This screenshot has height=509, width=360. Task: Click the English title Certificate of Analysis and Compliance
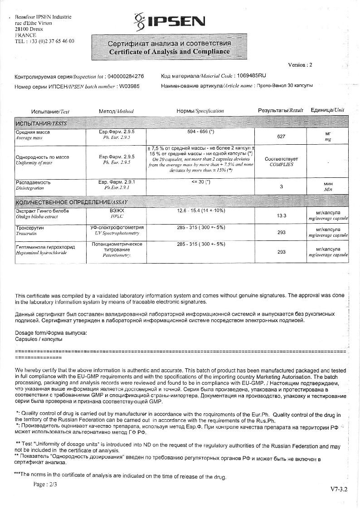tap(170, 52)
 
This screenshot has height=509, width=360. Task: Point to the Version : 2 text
tap(300, 65)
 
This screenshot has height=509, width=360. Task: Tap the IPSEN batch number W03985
tap(129, 86)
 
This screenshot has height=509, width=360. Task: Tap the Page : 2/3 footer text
tap(45, 485)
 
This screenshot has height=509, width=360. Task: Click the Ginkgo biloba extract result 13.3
tap(281, 215)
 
